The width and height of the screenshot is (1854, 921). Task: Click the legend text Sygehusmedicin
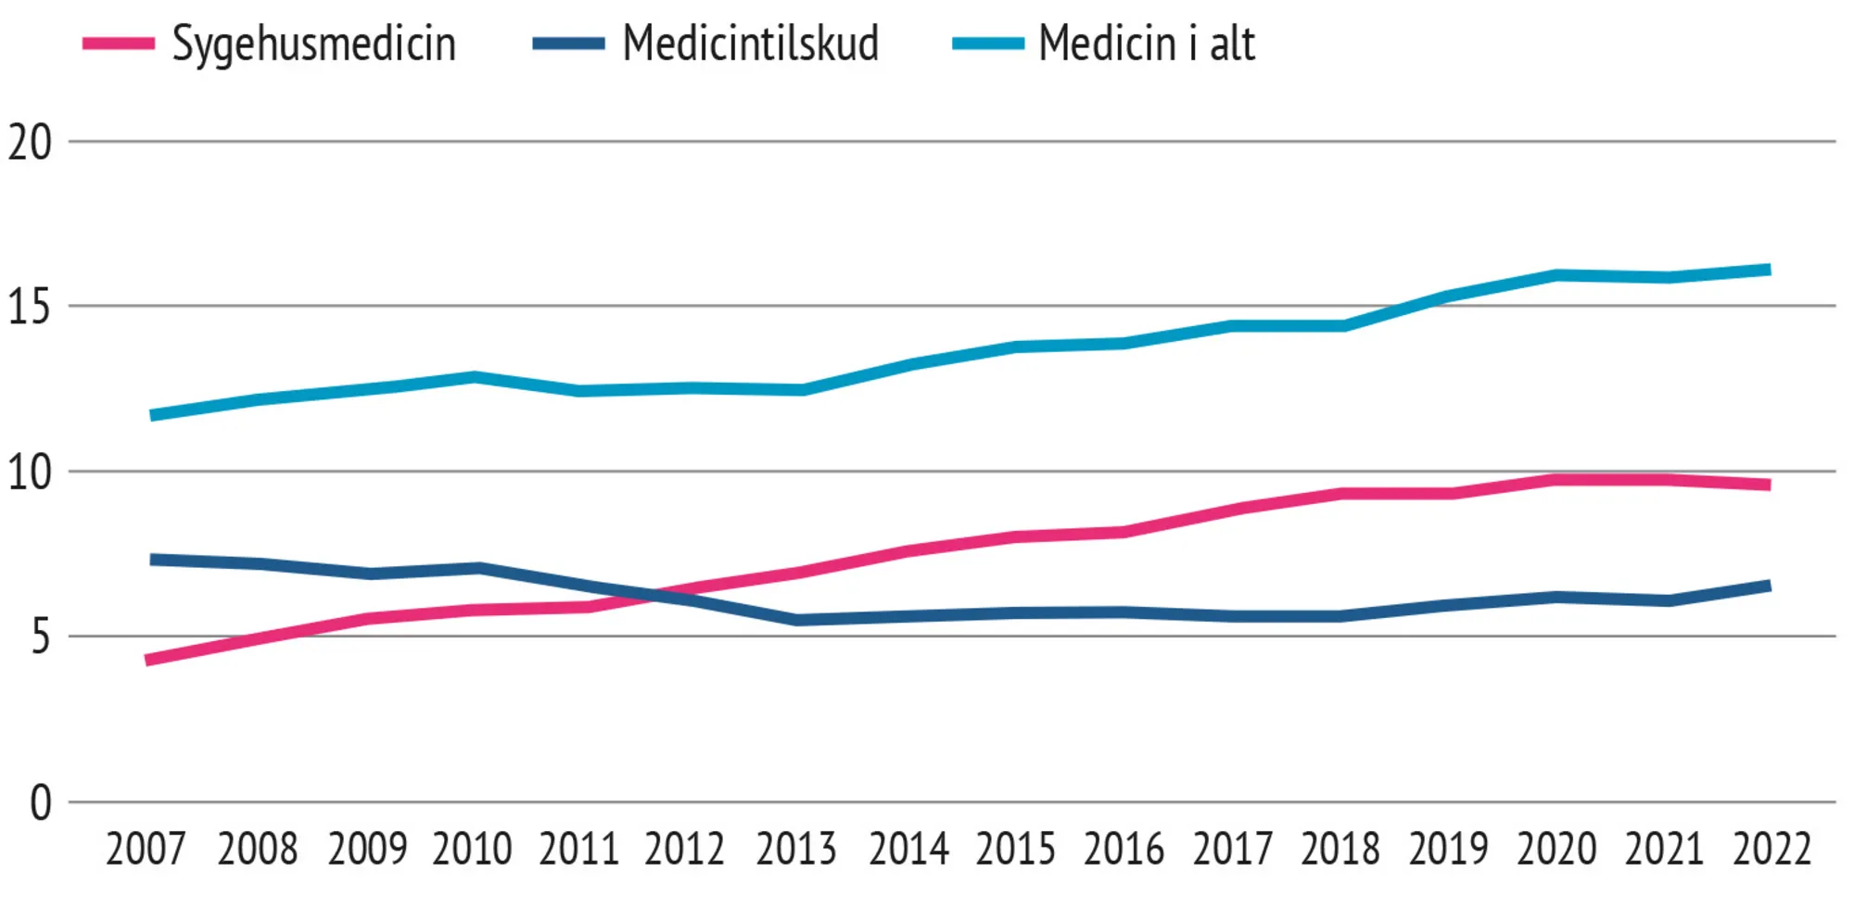click(313, 44)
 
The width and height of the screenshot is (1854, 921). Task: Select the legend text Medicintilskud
click(750, 44)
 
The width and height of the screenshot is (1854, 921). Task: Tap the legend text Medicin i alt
click(1146, 44)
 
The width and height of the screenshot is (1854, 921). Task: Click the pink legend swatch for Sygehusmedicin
click(119, 44)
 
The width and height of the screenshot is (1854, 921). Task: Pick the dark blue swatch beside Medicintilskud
click(568, 44)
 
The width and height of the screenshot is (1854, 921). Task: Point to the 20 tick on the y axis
click(30, 143)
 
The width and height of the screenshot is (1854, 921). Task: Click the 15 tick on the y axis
click(30, 307)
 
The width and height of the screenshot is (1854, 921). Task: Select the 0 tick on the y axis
click(41, 802)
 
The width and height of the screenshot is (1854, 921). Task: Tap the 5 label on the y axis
click(41, 637)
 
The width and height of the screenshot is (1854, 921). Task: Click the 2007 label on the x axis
click(146, 849)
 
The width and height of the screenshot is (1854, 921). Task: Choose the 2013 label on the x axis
click(795, 849)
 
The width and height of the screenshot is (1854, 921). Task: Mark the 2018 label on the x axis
click(1340, 849)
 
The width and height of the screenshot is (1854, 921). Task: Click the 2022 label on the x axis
click(1771, 849)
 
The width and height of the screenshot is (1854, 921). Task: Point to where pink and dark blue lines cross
click(655, 594)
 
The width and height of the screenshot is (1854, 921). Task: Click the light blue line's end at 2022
click(1769, 270)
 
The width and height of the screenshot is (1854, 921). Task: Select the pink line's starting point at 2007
click(148, 660)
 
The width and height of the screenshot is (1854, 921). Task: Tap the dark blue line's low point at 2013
click(798, 619)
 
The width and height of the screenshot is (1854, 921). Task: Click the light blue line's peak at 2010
click(474, 377)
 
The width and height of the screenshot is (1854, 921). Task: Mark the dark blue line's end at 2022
click(1769, 586)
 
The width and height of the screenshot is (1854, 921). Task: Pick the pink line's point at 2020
click(1556, 479)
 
